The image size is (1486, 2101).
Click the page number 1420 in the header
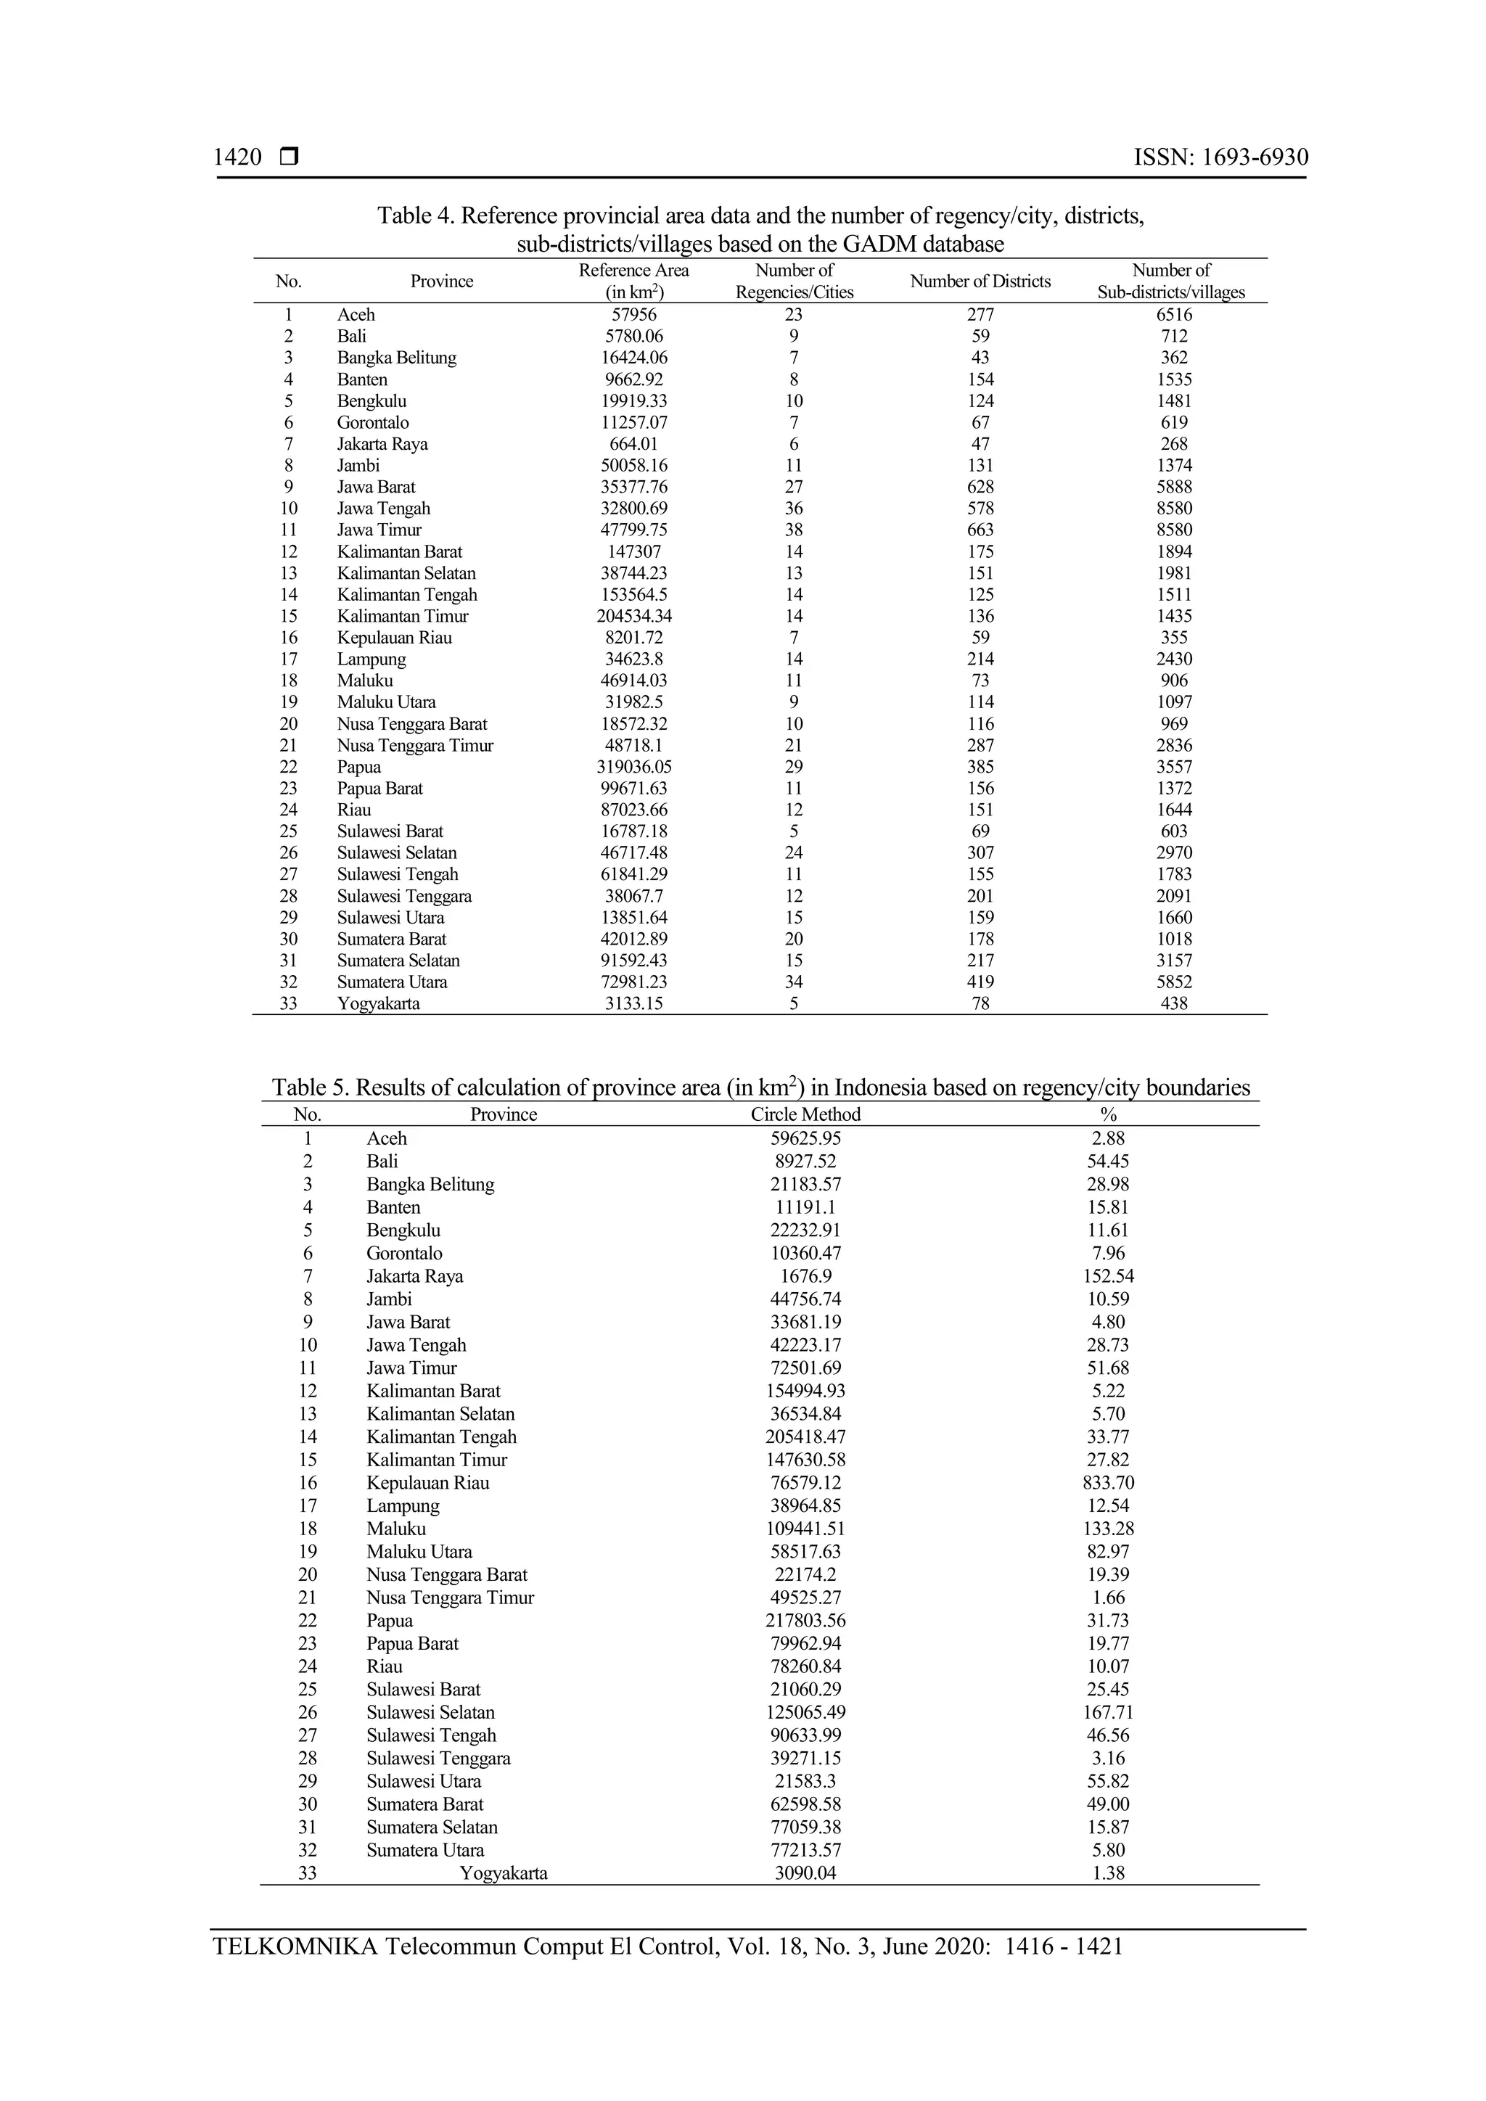(x=237, y=157)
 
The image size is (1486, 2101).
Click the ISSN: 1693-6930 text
(x=1220, y=157)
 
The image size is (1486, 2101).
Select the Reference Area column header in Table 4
(x=633, y=281)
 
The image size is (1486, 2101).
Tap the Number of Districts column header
(x=980, y=281)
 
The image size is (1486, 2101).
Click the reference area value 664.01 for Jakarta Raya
(x=633, y=444)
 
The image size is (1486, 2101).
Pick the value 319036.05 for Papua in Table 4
(x=633, y=767)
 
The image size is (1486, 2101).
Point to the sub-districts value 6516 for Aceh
(x=1173, y=315)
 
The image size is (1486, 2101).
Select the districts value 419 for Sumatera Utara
(x=980, y=982)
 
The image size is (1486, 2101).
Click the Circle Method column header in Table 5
(x=805, y=1114)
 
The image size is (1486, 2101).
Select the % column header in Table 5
(x=1108, y=1114)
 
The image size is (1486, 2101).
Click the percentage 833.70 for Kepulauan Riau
(x=1108, y=1482)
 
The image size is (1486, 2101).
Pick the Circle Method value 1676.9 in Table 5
(x=805, y=1275)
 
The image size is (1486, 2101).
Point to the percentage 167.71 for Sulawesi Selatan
(x=1108, y=1712)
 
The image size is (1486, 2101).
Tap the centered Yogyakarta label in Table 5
(x=504, y=1873)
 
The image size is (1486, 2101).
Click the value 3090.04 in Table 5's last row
(x=805, y=1873)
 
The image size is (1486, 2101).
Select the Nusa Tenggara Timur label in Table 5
(x=450, y=1598)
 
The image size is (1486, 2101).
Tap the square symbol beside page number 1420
(x=290, y=157)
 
